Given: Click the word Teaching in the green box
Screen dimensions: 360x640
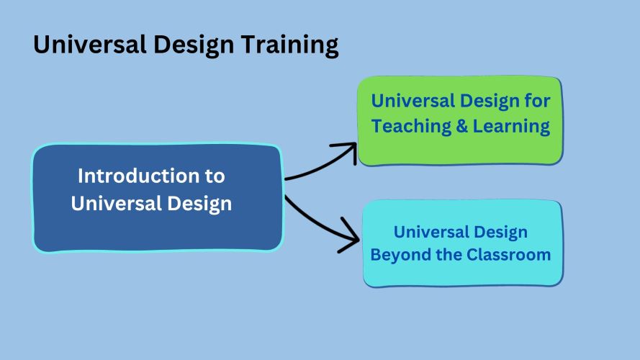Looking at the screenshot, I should pos(407,127).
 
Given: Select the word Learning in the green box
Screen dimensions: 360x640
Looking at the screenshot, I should pos(510,127).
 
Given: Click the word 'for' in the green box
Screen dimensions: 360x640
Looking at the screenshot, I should pos(536,101).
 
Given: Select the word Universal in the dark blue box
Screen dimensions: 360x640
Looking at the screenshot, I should pos(107,204).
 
